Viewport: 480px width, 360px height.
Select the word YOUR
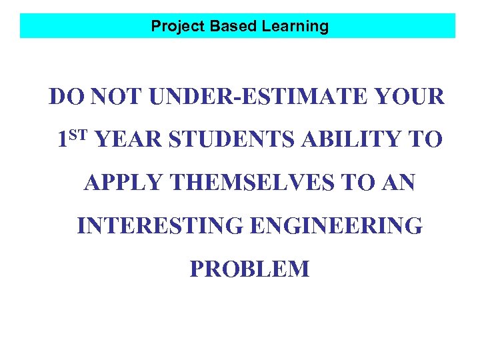pos(409,97)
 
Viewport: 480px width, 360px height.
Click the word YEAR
pos(127,141)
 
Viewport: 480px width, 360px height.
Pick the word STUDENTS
pos(228,141)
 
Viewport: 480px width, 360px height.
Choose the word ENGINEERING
pos(335,227)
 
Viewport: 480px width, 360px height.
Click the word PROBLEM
pos(249,269)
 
